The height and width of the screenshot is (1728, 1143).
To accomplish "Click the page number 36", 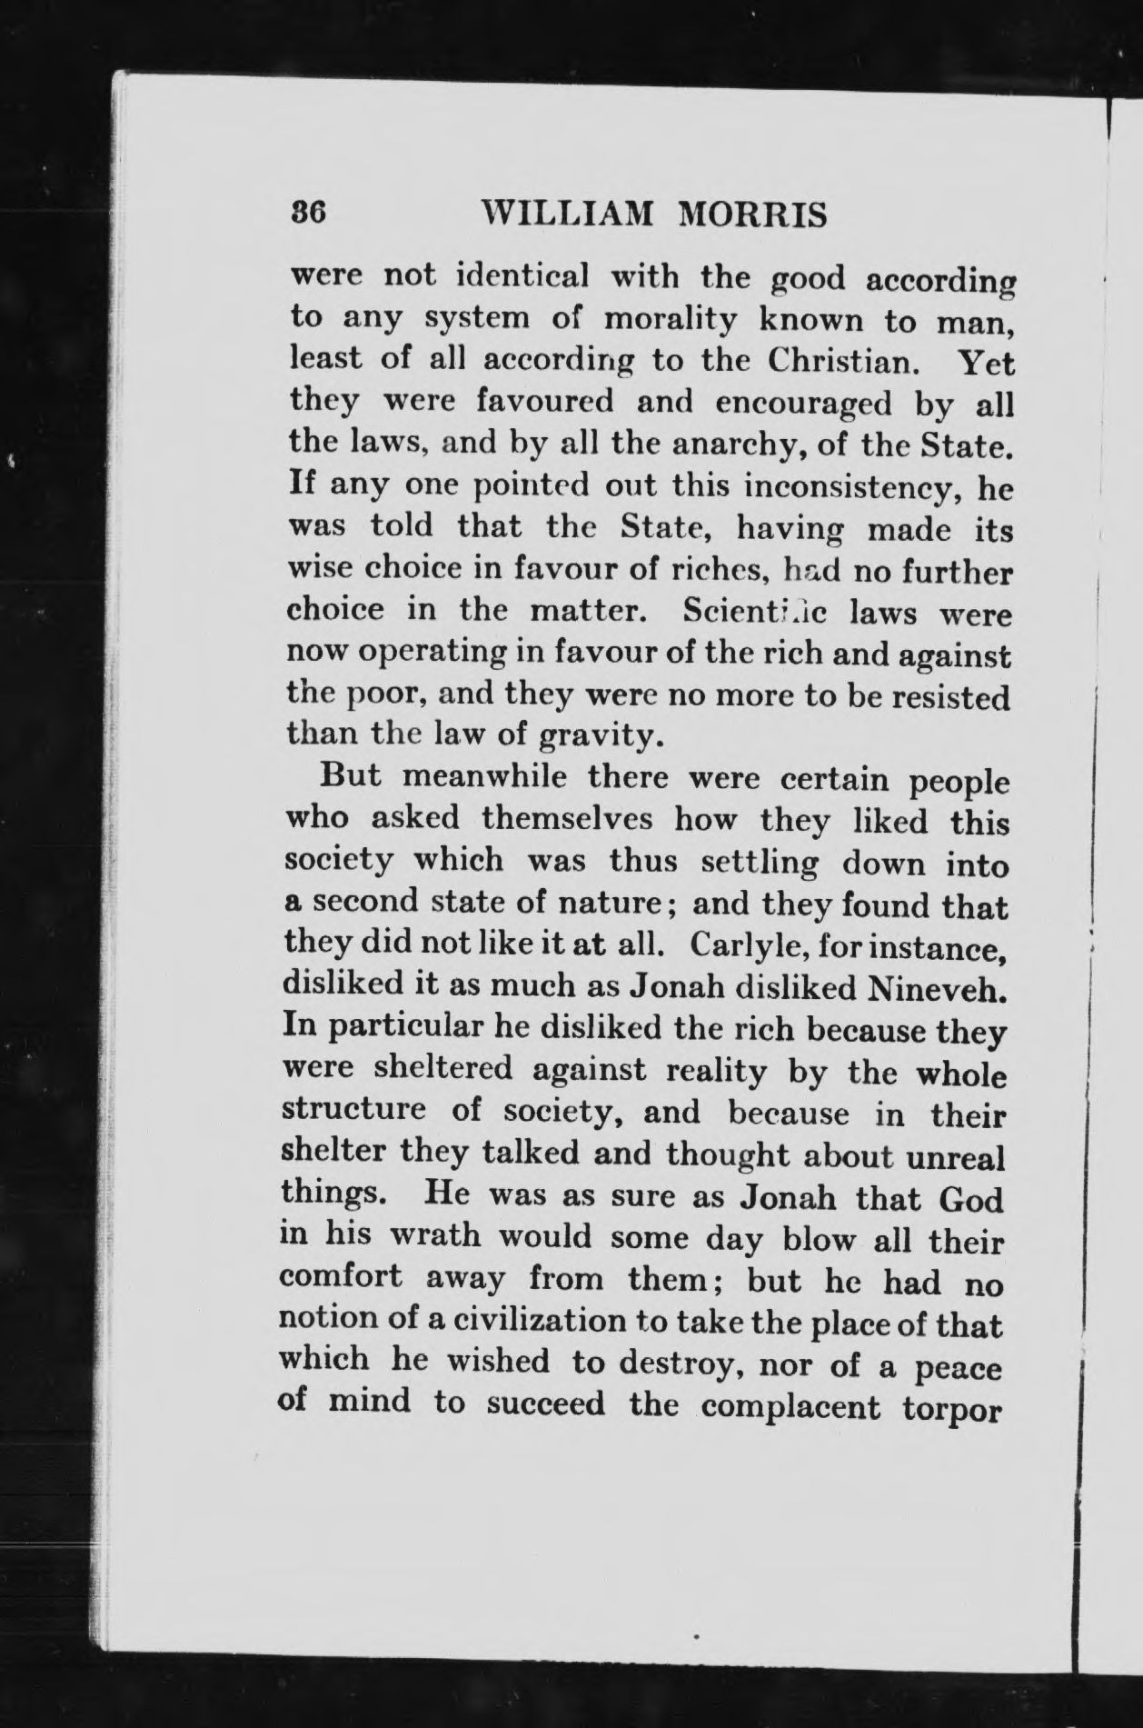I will click(307, 213).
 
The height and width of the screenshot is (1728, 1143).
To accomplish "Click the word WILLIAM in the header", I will click(568, 215).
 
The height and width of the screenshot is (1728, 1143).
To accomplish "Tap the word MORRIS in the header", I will click(753, 215).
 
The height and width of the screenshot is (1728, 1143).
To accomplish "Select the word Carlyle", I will click(746, 945).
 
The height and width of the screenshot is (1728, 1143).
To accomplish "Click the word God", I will click(970, 1199).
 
